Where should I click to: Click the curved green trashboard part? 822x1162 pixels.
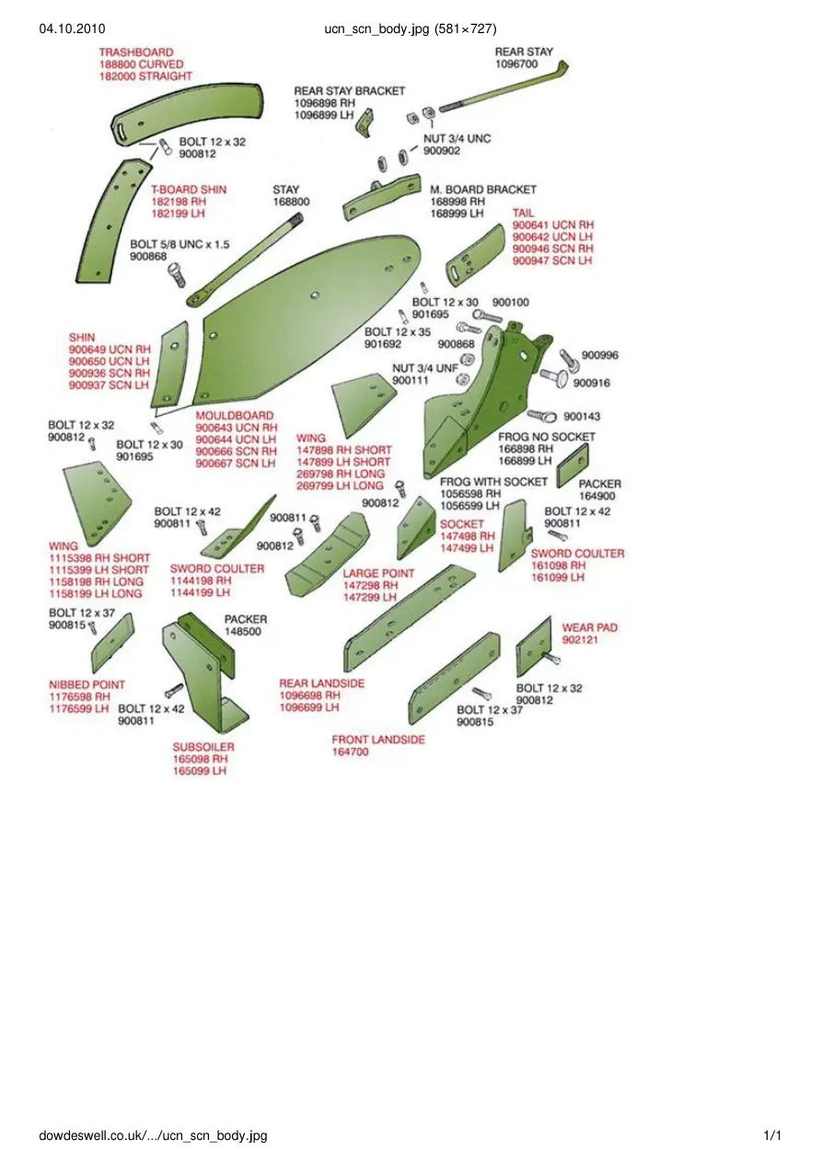[x=187, y=113]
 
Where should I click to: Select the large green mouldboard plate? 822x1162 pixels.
[x=307, y=322]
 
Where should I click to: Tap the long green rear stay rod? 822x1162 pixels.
[x=504, y=89]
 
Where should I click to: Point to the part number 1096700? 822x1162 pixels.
[x=516, y=63]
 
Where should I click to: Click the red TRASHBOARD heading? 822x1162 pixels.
[x=136, y=52]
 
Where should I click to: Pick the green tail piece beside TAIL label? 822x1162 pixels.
[x=475, y=255]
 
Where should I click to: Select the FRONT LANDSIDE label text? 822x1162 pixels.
[x=378, y=740]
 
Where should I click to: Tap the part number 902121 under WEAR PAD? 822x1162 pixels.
[x=580, y=639]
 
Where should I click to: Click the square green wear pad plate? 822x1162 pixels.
[x=534, y=648]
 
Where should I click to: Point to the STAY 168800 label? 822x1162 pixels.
[x=291, y=196]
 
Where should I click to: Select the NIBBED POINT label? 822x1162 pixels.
[x=87, y=685]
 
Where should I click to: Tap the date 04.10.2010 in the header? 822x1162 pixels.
[x=72, y=29]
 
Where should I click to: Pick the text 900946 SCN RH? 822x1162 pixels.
[x=552, y=248]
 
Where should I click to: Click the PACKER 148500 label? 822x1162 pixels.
[x=246, y=625]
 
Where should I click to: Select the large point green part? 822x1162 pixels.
[x=327, y=554]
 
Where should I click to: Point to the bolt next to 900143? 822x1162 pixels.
[x=542, y=416]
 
